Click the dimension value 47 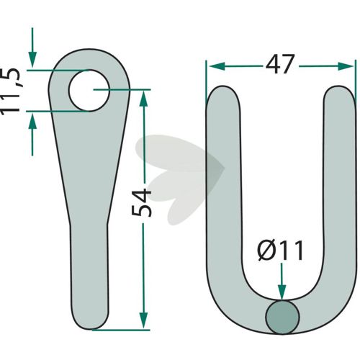coord(279,64)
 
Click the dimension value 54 coord(142,203)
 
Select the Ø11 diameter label coord(280,251)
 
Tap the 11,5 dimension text coord(10,91)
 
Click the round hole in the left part coord(89,91)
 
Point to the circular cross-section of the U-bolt coord(282,317)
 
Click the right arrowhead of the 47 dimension coord(346,66)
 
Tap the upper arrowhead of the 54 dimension coord(143,99)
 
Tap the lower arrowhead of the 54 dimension coord(143,320)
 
